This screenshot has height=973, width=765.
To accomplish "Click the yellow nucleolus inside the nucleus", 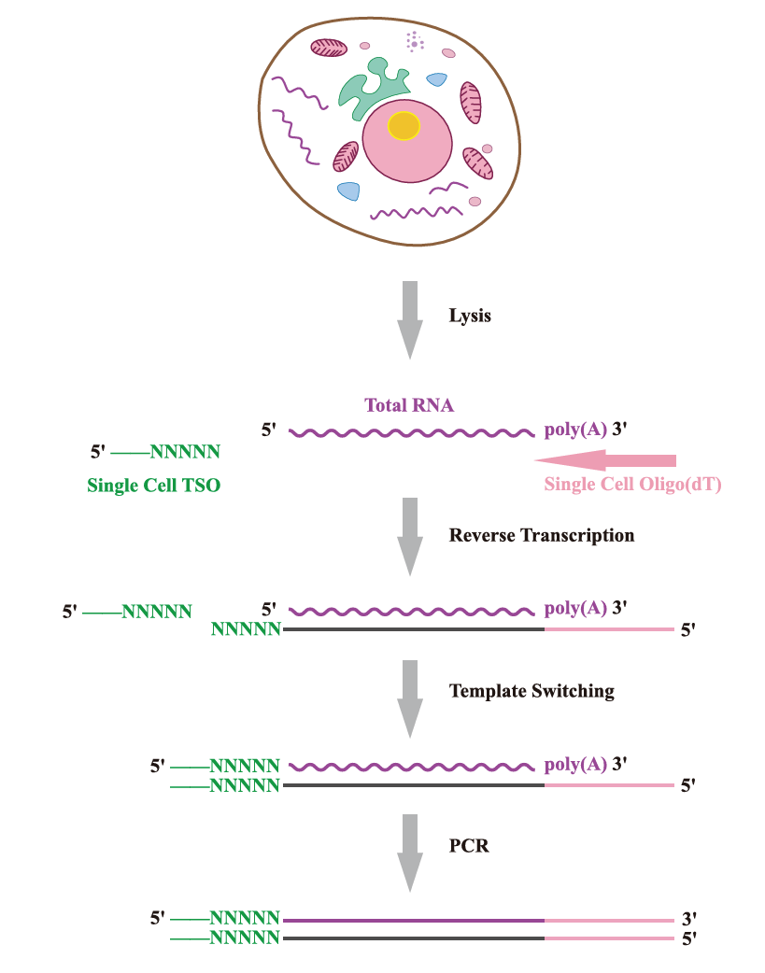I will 404,125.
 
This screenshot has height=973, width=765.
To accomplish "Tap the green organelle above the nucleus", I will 368,89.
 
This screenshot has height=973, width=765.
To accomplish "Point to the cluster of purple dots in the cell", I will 414,42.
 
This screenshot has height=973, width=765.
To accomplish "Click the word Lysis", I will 470,316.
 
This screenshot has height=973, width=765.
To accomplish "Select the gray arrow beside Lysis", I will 409,318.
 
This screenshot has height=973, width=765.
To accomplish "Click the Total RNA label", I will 409,405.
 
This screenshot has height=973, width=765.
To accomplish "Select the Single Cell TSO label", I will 154,486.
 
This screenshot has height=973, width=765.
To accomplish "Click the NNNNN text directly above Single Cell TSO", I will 185,453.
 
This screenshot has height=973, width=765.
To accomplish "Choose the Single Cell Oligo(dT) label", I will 633,485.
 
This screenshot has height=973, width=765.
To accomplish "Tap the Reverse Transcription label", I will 542,536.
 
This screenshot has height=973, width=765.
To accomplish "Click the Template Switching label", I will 531,691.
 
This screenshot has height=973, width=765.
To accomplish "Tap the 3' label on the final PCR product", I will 689,919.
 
